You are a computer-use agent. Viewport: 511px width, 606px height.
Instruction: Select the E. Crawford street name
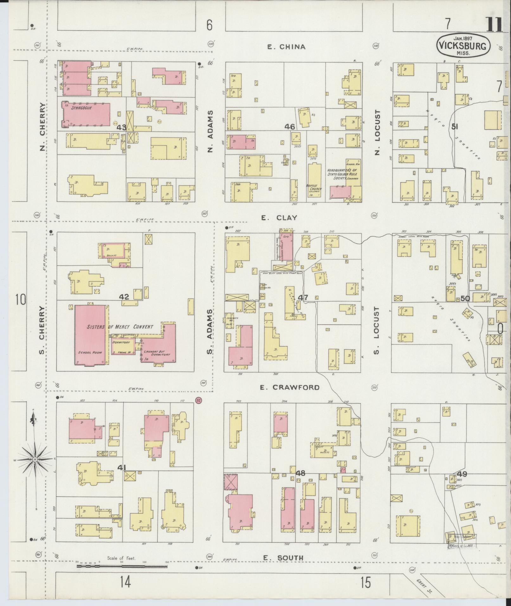pyautogui.click(x=290, y=387)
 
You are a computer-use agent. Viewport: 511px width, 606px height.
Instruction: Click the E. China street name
pyautogui.click(x=286, y=47)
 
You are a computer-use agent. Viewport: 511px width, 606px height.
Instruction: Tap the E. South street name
pyautogui.click(x=283, y=558)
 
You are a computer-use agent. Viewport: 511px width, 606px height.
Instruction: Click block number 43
pyautogui.click(x=122, y=127)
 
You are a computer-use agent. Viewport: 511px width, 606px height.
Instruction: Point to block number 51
pyautogui.click(x=455, y=127)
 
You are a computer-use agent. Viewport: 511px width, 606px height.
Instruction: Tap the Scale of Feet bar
pyautogui.click(x=122, y=566)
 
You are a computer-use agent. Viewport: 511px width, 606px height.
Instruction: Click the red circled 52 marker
pyautogui.click(x=199, y=400)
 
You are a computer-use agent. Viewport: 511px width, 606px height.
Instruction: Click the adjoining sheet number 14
pyautogui.click(x=125, y=582)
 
